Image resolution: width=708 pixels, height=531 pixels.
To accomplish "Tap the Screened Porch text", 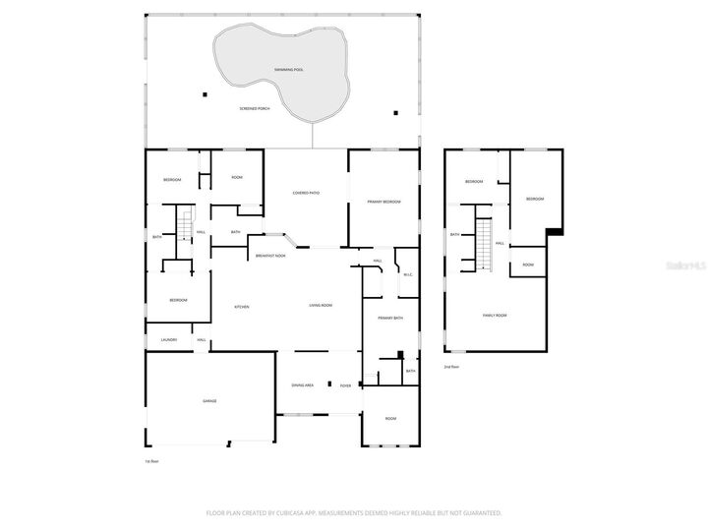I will pyautogui.click(x=255, y=108).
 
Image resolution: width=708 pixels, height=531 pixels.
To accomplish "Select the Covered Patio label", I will pyautogui.click(x=306, y=193).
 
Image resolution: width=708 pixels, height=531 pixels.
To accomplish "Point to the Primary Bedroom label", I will pyautogui.click(x=384, y=201).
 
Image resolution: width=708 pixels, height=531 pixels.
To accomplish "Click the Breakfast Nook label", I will pyautogui.click(x=270, y=255).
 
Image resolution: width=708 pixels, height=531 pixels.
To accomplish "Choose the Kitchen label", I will pyautogui.click(x=241, y=307).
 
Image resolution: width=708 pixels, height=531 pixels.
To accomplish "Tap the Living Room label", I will pyautogui.click(x=321, y=306).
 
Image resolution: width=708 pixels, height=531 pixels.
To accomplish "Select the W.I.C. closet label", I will pyautogui.click(x=408, y=274).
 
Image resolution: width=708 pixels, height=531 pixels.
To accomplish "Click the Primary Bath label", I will pyautogui.click(x=391, y=318).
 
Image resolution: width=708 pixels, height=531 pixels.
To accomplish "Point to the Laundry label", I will pyautogui.click(x=169, y=339).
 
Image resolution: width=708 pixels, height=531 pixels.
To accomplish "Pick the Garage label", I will pyautogui.click(x=209, y=401).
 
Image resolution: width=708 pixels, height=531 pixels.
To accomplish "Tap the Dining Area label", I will pyautogui.click(x=303, y=385).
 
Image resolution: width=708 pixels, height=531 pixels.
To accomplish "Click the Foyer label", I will pyautogui.click(x=345, y=385).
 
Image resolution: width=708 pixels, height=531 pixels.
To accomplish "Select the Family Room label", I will pyautogui.click(x=495, y=315).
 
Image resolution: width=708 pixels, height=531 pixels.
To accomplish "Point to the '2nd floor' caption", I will pyautogui.click(x=451, y=367).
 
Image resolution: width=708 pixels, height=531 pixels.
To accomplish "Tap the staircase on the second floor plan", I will pyautogui.click(x=483, y=244).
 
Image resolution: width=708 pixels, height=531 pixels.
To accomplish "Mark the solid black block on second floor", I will pyautogui.click(x=555, y=231).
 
